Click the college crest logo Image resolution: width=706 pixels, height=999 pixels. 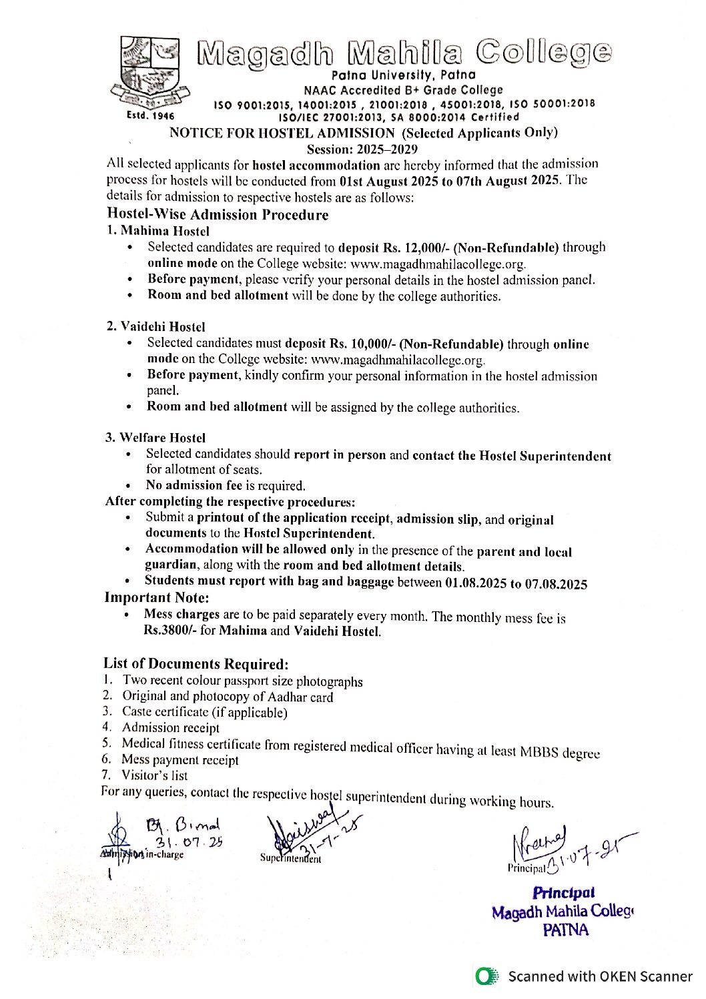tap(150, 71)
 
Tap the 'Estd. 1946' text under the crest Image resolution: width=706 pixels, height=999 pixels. tap(150, 115)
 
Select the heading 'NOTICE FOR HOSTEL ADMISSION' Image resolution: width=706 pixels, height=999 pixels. tap(282, 133)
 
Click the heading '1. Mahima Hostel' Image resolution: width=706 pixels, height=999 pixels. tap(158, 231)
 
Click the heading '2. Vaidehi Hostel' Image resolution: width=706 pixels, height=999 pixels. tap(155, 326)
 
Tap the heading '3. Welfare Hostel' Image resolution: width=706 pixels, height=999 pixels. tap(155, 438)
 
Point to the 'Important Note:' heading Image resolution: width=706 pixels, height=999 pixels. tap(157, 597)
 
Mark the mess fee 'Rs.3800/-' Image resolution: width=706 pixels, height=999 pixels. tap(170, 631)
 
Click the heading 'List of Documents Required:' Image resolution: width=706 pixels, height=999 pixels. tap(196, 663)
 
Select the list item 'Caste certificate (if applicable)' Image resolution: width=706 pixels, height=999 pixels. tap(204, 712)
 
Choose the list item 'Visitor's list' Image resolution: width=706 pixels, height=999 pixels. tap(154, 775)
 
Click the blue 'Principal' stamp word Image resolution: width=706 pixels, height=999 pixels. tap(564, 893)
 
